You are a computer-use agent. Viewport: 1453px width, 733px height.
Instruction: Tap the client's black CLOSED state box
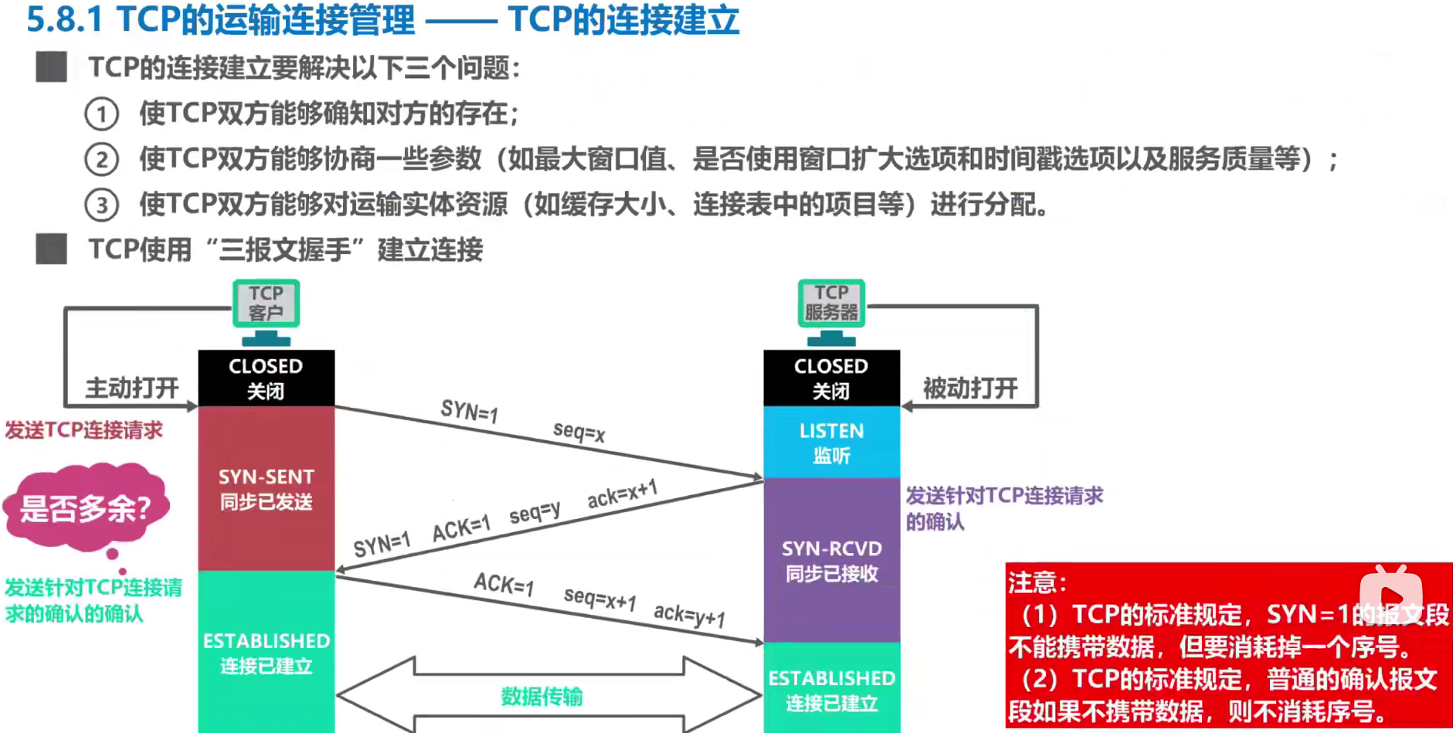coord(266,378)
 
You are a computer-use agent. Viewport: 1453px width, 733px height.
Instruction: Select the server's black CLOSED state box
coord(831,378)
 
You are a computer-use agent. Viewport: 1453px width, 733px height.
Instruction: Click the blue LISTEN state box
coord(831,443)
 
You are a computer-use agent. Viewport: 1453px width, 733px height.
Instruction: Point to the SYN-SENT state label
coord(266,488)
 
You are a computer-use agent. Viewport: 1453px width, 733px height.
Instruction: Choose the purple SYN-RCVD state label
coord(831,561)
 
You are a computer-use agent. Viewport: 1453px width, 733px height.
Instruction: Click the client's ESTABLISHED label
coord(266,653)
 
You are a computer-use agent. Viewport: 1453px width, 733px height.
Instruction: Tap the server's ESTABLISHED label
coord(831,690)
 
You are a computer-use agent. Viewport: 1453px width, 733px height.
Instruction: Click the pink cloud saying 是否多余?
coord(85,508)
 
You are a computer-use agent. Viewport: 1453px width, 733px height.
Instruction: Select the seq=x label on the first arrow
coord(579,432)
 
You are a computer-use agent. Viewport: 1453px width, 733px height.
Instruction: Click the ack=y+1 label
coord(689,616)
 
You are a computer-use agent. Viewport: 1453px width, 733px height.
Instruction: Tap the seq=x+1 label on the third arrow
coord(599,598)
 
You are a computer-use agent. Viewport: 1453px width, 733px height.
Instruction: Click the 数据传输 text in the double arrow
coord(541,697)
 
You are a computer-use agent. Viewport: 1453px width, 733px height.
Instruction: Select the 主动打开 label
coord(131,388)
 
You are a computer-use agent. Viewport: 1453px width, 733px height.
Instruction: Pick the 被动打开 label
coord(970,388)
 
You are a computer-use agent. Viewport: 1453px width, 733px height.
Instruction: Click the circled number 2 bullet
coord(101,160)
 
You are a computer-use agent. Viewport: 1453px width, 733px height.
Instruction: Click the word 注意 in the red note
coord(1032,582)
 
